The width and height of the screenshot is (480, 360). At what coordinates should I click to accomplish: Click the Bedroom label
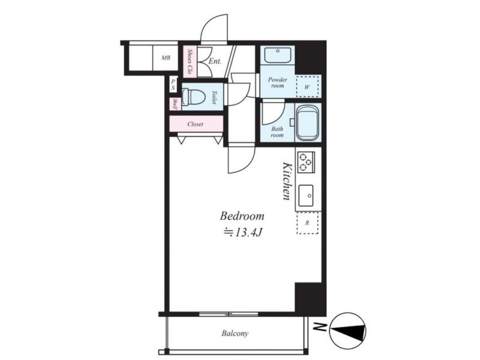coord(242,216)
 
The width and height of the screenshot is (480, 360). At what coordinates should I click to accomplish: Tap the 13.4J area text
coord(242,233)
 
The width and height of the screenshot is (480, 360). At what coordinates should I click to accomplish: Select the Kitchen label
coord(287,181)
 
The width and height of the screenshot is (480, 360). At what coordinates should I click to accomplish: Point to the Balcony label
coord(235,334)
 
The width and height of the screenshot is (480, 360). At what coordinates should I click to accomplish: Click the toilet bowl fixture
coord(193,97)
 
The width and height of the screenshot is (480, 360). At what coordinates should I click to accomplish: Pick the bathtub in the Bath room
coord(308,123)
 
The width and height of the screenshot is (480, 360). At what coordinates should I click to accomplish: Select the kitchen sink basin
coord(306,196)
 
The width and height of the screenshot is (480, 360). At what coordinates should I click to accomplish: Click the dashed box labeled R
coord(307,223)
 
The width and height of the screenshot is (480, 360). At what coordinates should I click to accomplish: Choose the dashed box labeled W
coord(307,86)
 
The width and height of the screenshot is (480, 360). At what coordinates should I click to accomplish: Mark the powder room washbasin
coord(278,55)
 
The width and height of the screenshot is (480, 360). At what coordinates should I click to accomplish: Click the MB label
coord(166,58)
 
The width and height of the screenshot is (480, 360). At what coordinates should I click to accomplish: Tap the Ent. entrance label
coord(215,61)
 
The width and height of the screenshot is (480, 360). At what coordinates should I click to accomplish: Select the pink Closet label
coord(196,124)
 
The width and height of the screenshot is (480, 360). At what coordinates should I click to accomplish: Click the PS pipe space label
coord(173,85)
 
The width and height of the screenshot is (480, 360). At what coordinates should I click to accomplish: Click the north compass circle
coord(348,331)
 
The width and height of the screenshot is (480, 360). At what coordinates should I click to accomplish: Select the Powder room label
coord(278,83)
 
